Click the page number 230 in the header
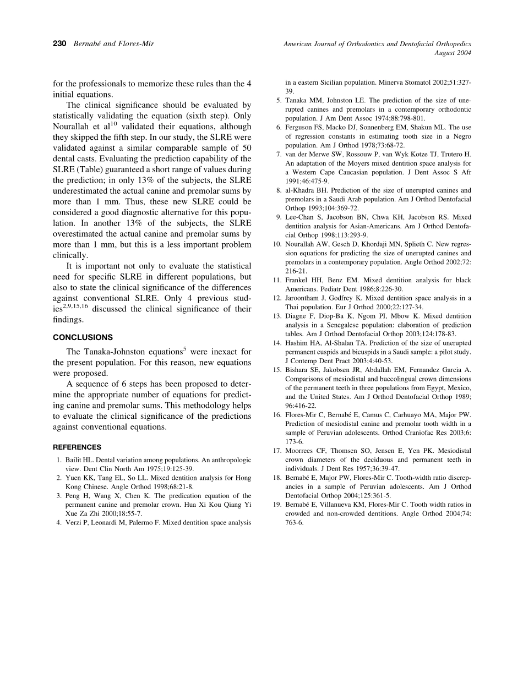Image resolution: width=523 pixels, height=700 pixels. [59, 44]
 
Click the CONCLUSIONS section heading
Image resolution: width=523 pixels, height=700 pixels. [83, 337]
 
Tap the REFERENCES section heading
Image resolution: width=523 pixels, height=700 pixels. [77, 447]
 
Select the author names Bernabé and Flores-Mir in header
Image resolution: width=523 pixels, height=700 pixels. [113, 44]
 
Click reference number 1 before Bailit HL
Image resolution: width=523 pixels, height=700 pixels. [58, 460]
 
